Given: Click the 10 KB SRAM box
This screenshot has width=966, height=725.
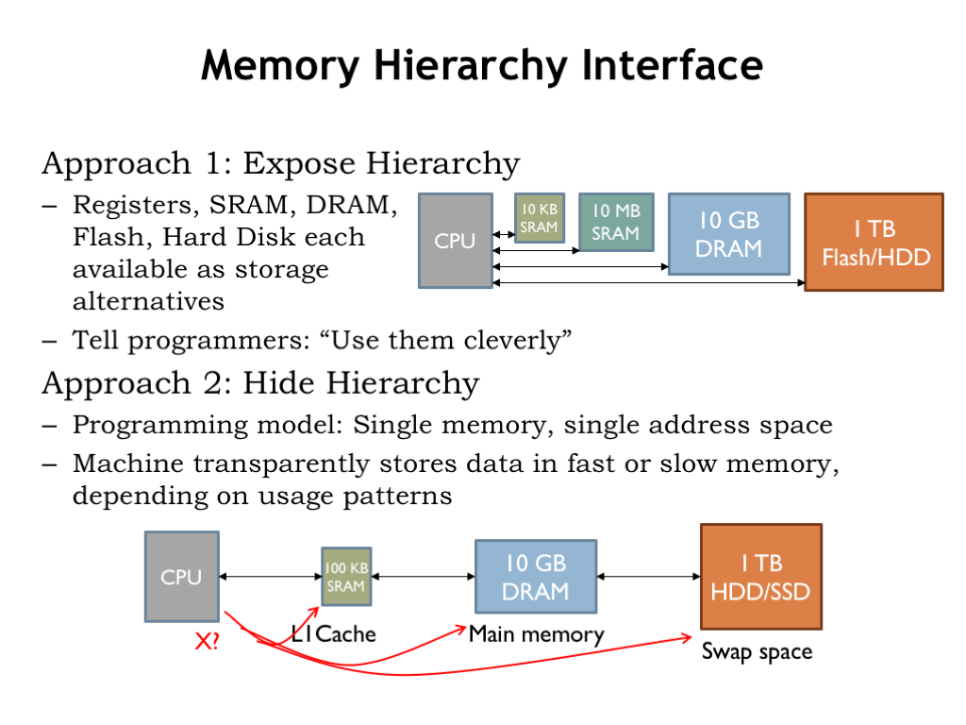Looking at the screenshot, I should [539, 218].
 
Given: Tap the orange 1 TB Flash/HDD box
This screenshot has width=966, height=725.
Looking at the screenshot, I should [874, 242].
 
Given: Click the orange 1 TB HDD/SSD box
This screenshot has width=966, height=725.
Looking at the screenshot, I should [760, 577].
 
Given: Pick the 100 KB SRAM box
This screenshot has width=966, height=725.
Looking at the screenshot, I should [345, 577].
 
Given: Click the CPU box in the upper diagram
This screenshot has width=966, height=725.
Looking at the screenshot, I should [455, 241].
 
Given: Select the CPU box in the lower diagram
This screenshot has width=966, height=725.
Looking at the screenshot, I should [181, 576].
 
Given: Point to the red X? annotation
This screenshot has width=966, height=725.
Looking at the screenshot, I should [207, 643].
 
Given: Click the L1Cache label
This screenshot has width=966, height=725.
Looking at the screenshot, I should [333, 634].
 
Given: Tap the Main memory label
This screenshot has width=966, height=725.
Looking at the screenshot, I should [536, 634].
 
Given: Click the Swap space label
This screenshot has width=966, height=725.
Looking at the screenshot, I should [757, 652].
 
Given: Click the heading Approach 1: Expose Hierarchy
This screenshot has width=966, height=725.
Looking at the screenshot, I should [281, 163].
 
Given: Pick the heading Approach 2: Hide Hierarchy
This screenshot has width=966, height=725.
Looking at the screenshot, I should [260, 383].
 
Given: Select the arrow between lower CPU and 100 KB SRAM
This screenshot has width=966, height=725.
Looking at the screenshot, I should [270, 577].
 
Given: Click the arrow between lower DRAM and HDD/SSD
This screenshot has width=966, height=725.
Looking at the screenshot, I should [648, 577].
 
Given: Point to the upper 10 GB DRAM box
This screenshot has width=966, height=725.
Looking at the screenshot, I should [728, 234].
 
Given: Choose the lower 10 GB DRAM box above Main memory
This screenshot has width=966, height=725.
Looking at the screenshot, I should [535, 577].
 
